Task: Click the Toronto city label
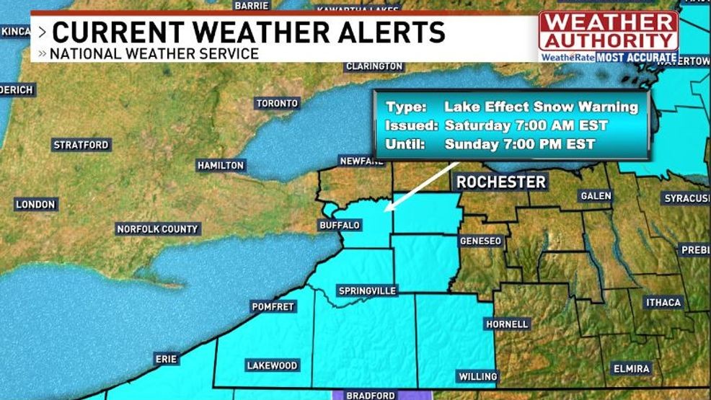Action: coord(277,103)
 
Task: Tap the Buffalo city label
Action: coord(339,226)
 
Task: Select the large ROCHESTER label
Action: coord(501,182)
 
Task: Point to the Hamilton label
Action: coord(221,166)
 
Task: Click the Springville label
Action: coord(368,290)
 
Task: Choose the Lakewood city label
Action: coord(272,365)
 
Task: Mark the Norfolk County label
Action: coord(157,229)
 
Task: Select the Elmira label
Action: coord(631,368)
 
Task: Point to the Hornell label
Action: coord(507,324)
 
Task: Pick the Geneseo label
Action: coord(480,241)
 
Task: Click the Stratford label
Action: coord(81,145)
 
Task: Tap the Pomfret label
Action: coord(273,306)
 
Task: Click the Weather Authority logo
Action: coord(609,36)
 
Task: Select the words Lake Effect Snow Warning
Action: coord(541,107)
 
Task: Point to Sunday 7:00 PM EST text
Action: coord(519,143)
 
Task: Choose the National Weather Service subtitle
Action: coord(154,53)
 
